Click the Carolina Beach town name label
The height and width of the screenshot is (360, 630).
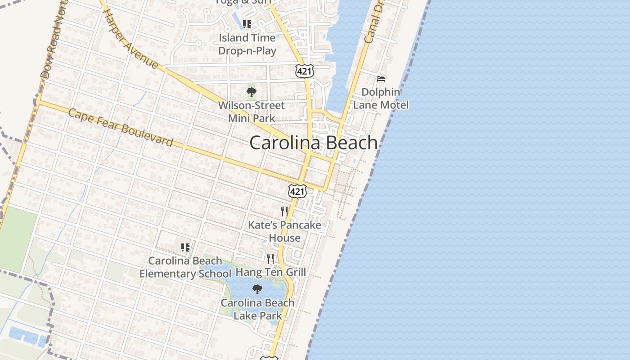314,143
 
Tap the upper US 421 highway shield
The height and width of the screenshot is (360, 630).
305,70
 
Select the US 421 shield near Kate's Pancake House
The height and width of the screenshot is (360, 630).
297,191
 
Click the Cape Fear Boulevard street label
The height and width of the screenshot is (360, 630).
121,128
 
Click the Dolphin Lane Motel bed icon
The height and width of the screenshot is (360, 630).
381,79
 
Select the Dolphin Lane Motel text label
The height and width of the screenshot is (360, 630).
381,99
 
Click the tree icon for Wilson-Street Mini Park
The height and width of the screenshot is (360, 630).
251,93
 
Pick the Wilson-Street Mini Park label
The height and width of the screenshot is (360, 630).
251,112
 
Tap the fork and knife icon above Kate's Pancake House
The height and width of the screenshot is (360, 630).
284,211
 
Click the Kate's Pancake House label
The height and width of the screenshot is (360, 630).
285,231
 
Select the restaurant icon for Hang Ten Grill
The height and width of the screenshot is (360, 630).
270,258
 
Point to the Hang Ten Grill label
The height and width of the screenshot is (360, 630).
271,272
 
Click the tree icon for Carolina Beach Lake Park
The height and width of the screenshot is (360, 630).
257,289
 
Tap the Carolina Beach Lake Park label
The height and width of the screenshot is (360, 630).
257,309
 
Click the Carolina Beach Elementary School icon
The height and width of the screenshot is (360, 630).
185,247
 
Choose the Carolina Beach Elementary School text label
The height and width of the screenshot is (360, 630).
185,267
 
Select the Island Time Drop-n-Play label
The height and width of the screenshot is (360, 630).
247,44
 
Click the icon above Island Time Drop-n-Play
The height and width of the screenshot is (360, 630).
247,24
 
